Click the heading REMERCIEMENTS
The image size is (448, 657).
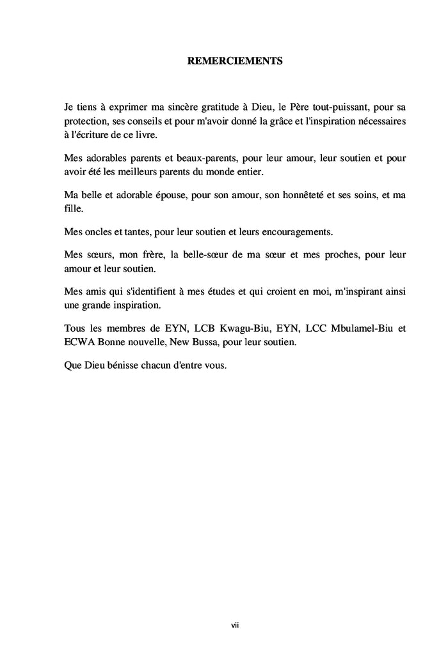point(235,61)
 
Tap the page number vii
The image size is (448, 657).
point(235,624)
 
